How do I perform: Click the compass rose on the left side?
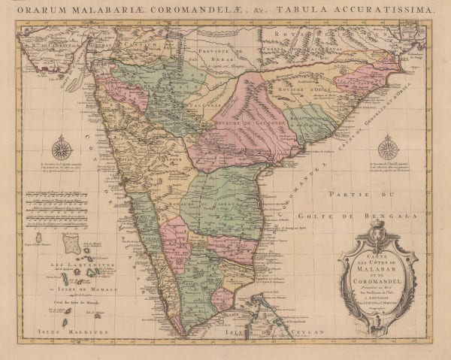(x=62, y=147)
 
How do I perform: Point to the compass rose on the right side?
(x=388, y=147)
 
